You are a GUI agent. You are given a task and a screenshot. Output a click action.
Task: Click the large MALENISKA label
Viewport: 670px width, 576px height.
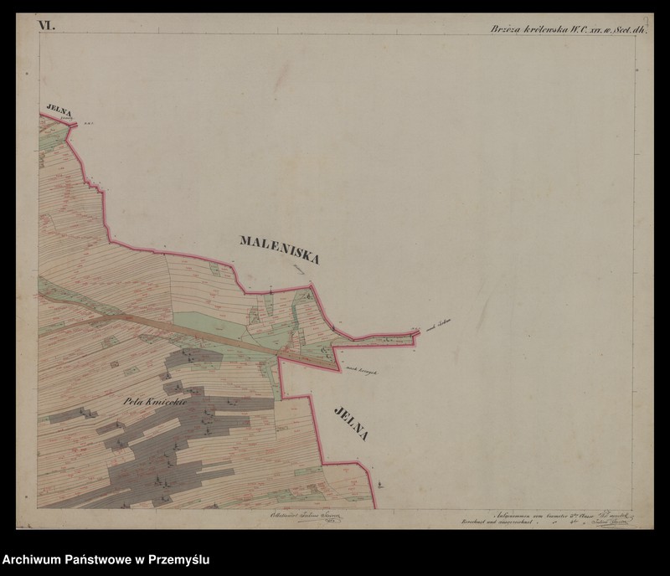tap(280, 249)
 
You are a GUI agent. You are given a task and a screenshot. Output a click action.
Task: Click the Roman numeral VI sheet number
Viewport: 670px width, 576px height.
tap(45, 26)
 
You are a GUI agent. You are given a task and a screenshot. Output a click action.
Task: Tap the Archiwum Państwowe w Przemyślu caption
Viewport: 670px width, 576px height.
tap(106, 559)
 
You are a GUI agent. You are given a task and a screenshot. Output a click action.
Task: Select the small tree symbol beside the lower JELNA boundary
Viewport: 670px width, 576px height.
tap(379, 483)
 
